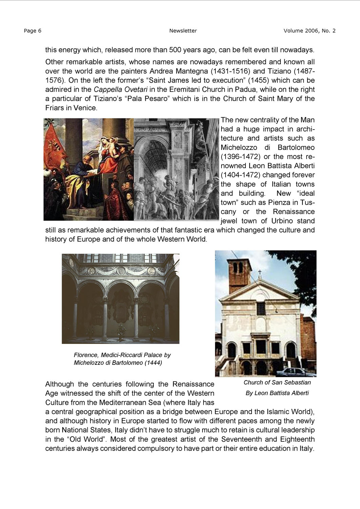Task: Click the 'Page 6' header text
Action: [x=33, y=31]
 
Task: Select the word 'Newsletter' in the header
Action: [x=183, y=31]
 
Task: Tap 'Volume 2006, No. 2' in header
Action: [x=310, y=31]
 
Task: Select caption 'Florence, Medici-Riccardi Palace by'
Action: [x=122, y=355]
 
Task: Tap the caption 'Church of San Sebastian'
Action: [x=277, y=382]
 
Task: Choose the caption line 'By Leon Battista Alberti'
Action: [x=277, y=393]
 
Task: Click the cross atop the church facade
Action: [x=260, y=272]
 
